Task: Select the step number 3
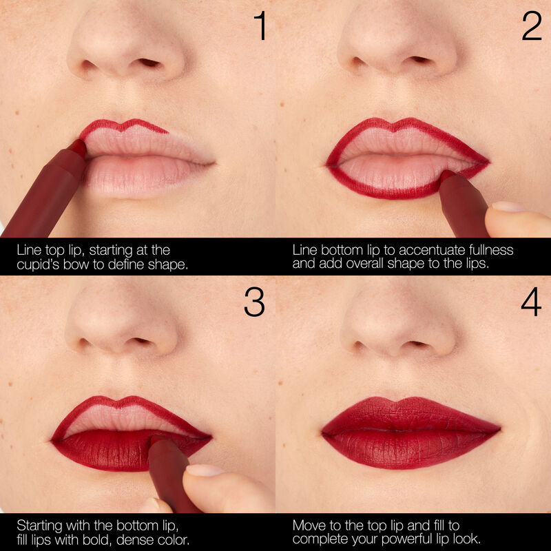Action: [254, 302]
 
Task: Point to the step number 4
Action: [531, 302]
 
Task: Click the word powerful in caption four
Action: [401, 539]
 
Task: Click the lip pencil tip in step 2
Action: [447, 177]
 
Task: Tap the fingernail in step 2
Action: [507, 207]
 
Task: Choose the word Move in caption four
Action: [309, 524]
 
